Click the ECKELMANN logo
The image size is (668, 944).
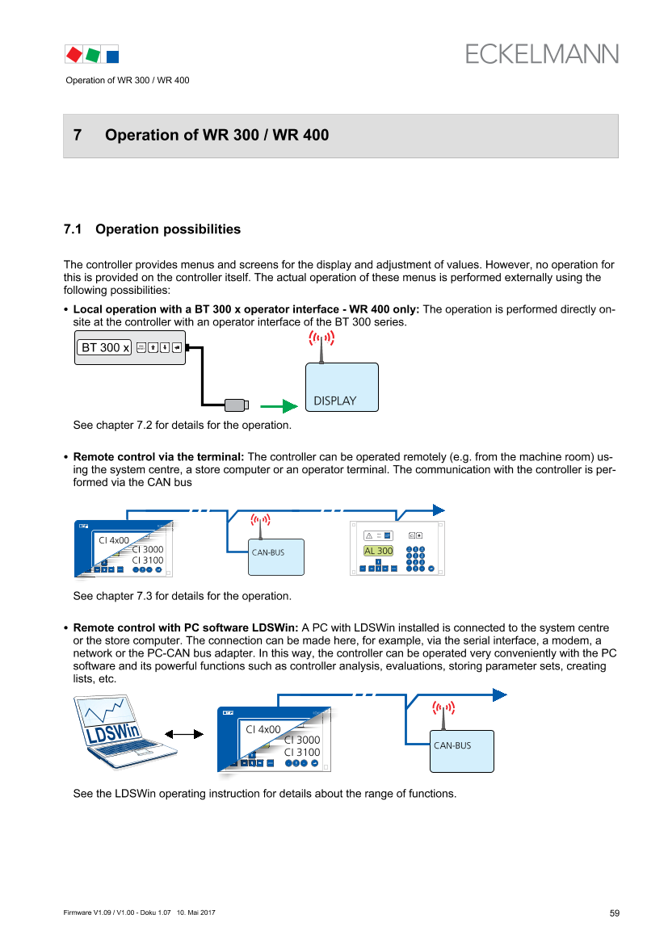(x=542, y=54)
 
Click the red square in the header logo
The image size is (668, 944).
(x=74, y=54)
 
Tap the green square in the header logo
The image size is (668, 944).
(x=93, y=54)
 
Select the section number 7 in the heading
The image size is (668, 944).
(x=78, y=136)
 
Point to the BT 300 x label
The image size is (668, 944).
(x=104, y=348)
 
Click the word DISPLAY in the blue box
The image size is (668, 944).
(x=334, y=401)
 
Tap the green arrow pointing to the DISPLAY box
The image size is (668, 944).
(x=279, y=407)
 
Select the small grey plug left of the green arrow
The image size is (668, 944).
(x=236, y=406)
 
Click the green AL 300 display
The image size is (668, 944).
(x=378, y=551)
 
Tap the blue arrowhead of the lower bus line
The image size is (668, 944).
(x=500, y=695)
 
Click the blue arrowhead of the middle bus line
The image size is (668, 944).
(x=439, y=510)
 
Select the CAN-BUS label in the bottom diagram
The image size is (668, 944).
(x=452, y=745)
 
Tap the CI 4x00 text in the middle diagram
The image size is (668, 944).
(x=113, y=540)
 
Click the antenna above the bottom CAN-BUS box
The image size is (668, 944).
(x=443, y=714)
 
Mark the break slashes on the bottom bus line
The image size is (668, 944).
(x=365, y=694)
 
